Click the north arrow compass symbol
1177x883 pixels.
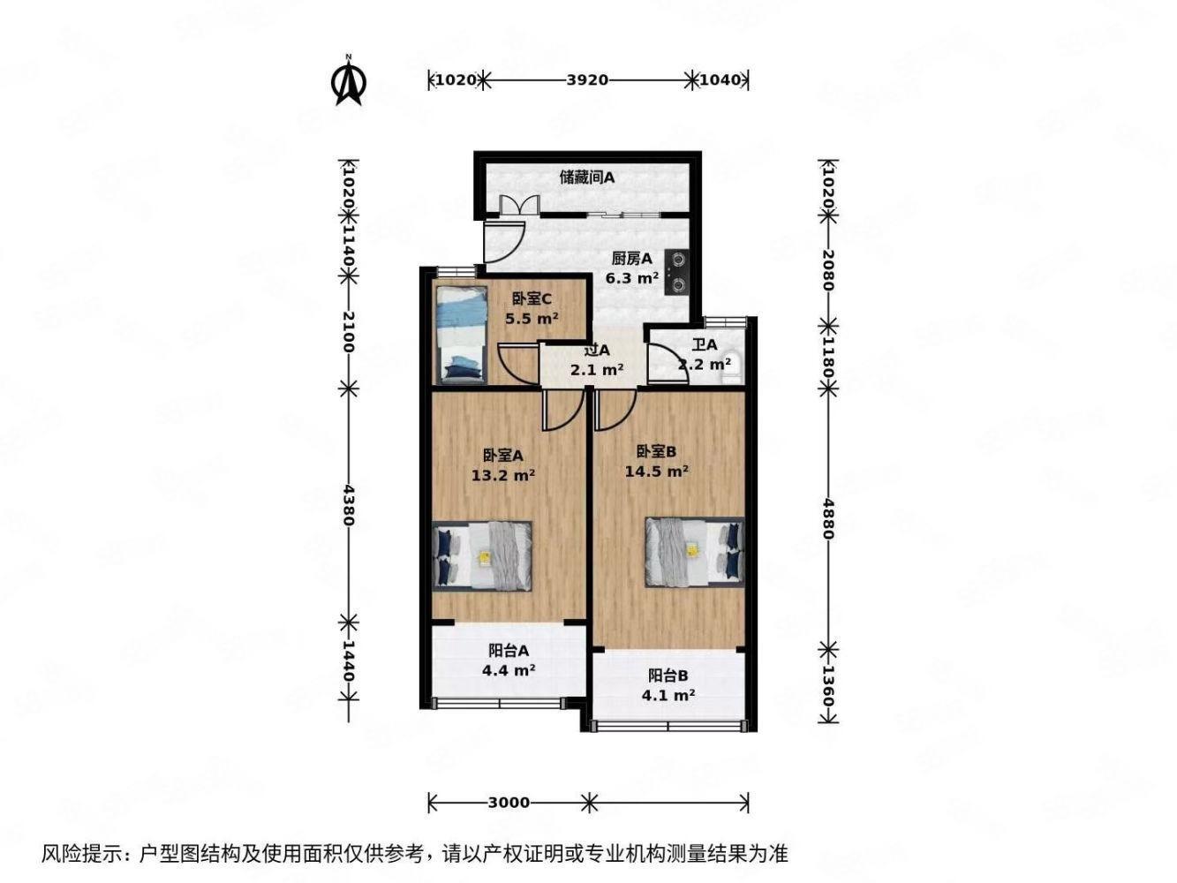pos(349,81)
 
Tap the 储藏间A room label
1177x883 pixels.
pos(587,177)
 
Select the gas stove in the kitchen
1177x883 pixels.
pos(678,272)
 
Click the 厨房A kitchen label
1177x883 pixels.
pos(632,259)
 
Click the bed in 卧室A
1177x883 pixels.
pos(483,555)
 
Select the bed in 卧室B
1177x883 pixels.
pos(694,552)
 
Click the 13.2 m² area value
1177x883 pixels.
pos(503,475)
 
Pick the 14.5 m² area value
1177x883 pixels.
pos(657,472)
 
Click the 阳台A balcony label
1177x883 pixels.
pos(509,651)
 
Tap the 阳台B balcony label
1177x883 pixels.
pos(668,675)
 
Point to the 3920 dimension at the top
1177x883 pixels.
pos(587,80)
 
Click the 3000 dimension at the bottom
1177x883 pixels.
pos(509,803)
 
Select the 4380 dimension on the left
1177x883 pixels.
pos(349,505)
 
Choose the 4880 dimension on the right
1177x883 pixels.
pos(828,518)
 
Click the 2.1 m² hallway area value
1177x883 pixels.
pos(598,370)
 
